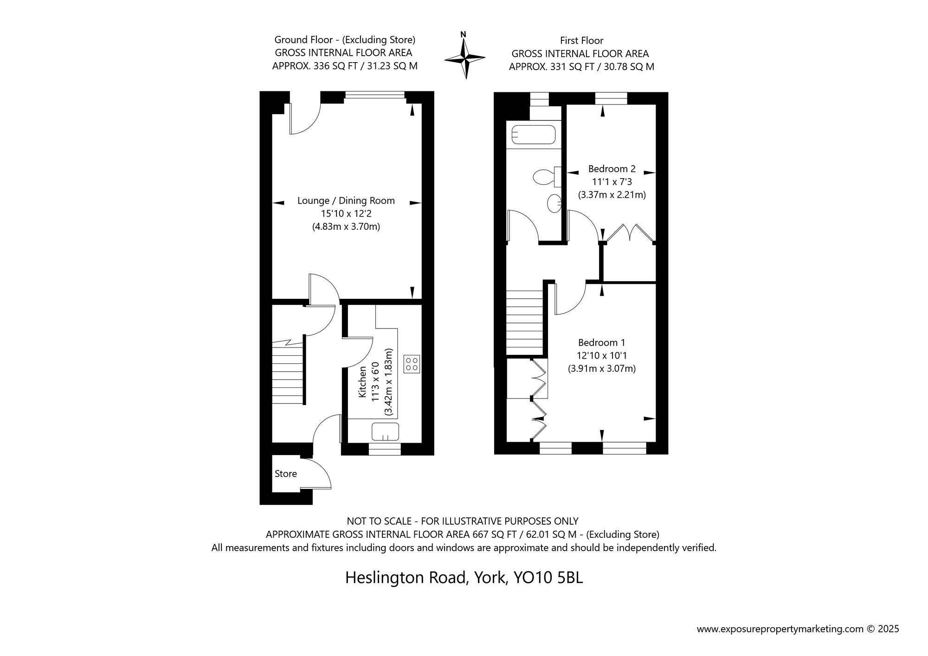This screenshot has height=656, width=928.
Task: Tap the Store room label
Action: (286, 474)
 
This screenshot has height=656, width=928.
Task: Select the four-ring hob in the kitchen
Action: (412, 364)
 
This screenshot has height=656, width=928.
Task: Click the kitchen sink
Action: (385, 431)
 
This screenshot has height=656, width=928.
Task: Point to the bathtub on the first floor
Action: (534, 135)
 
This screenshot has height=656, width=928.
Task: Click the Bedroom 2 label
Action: (612, 169)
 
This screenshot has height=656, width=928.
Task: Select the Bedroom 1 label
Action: (601, 343)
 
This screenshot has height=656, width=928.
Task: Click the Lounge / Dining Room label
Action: (346, 201)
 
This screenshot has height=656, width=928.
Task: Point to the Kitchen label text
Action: (363, 381)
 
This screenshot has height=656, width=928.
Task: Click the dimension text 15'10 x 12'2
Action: (346, 214)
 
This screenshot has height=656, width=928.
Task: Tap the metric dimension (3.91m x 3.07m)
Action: (602, 369)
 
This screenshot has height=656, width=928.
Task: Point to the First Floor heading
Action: (581, 41)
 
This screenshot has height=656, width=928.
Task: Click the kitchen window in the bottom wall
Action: (385, 449)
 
